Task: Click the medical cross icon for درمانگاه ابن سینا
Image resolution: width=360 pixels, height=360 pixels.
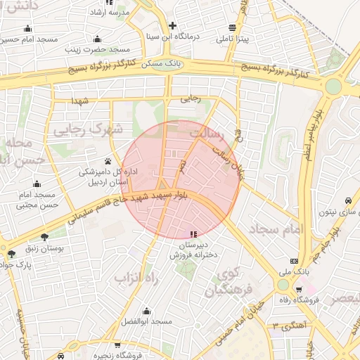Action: pyautogui.click(x=172, y=25)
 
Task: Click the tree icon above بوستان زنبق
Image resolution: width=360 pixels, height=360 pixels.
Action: pyautogui.click(x=46, y=237)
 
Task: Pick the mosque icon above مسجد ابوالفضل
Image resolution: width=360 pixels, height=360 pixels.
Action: pyautogui.click(x=147, y=311)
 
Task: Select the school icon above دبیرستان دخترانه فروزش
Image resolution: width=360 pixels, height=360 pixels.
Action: pyautogui.click(x=193, y=234)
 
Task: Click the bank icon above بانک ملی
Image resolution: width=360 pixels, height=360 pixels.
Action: pyautogui.click(x=293, y=261)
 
